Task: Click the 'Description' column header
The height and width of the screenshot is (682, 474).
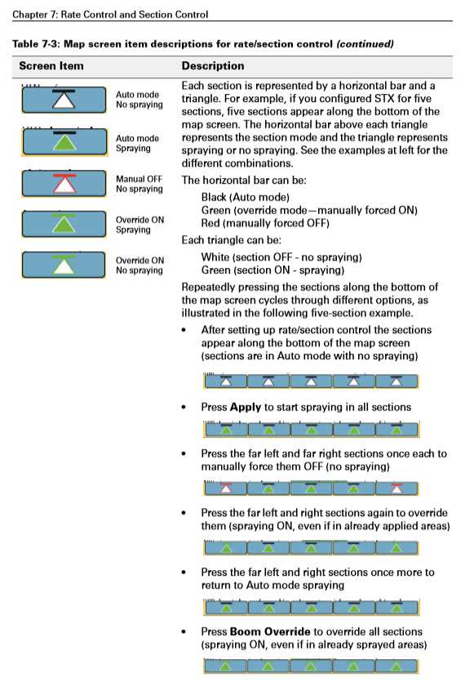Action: [x=212, y=66]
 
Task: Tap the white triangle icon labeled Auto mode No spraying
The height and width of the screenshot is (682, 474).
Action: [x=64, y=100]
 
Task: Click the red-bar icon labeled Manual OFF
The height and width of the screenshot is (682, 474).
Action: [x=64, y=183]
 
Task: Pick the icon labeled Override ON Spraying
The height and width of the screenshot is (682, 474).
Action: [x=64, y=223]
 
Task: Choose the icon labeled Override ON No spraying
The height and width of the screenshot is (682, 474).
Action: [x=64, y=265]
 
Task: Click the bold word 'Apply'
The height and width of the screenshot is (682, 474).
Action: [x=245, y=407]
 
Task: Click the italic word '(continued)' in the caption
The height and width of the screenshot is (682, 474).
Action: [x=365, y=42]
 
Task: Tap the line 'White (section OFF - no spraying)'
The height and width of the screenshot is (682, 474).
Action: [x=281, y=257]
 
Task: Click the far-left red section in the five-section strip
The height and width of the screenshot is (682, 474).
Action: [x=225, y=488]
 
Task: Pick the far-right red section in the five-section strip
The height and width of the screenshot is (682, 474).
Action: [x=396, y=488]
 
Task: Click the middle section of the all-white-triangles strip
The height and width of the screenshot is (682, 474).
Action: [x=311, y=381]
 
